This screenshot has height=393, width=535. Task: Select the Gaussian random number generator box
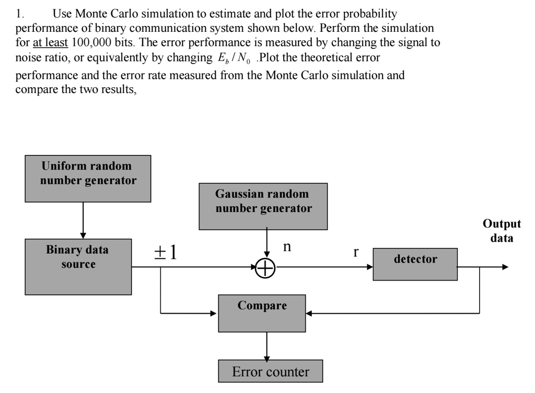coord(263,206)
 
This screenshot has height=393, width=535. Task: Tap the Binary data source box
coord(78,266)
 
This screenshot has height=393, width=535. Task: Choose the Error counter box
coord(270,372)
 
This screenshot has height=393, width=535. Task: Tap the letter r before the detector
coord(356,252)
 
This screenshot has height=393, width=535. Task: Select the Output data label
coord(502,231)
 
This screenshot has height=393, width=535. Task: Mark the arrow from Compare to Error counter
coord(267,346)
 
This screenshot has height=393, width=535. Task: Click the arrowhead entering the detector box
coord(369,267)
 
